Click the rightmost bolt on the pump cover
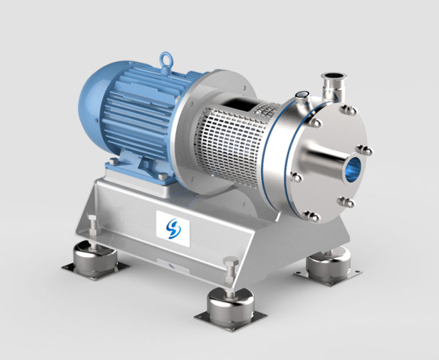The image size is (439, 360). click(x=368, y=151)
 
